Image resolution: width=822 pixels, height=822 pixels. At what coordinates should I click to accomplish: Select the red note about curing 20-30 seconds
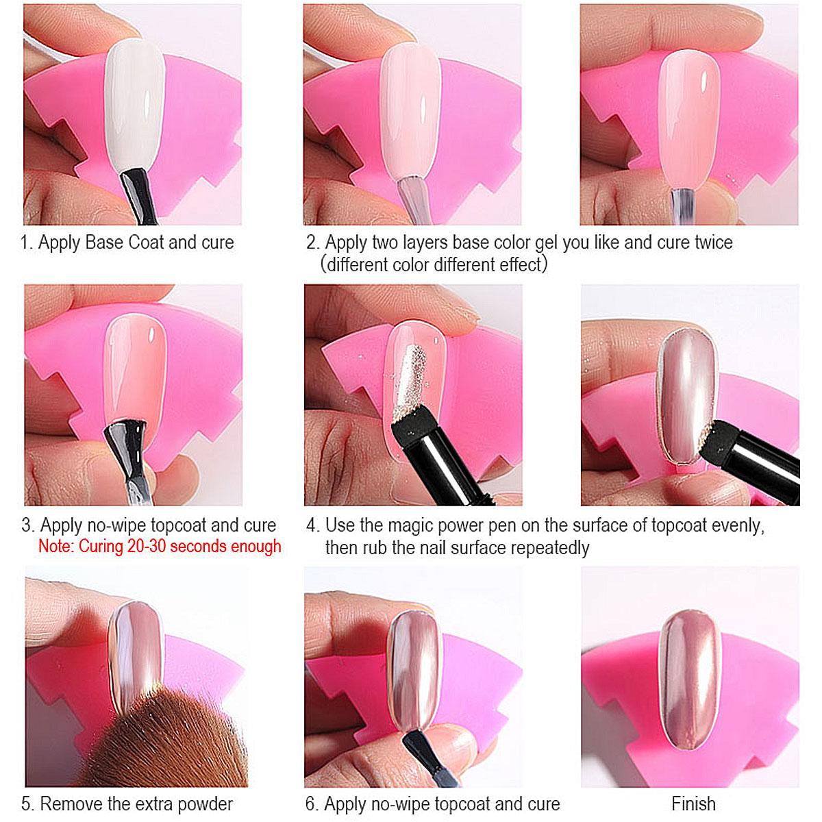tap(160, 547)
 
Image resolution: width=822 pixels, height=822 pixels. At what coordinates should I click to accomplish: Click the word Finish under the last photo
tap(693, 804)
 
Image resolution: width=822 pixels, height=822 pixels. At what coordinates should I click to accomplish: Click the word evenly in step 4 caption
tap(738, 526)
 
